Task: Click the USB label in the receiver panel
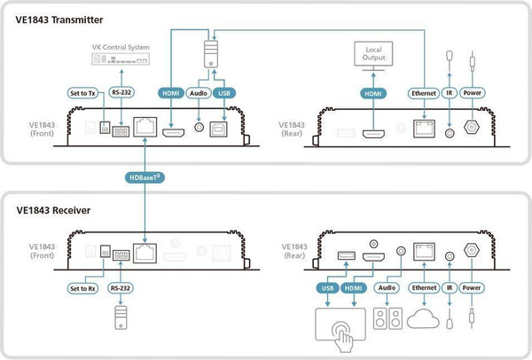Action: (327, 287)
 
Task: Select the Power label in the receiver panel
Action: (472, 287)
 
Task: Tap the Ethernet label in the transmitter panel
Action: (424, 91)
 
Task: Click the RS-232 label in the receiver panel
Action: (121, 287)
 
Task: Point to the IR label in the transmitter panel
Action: (451, 91)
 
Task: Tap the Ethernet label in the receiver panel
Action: (424, 287)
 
